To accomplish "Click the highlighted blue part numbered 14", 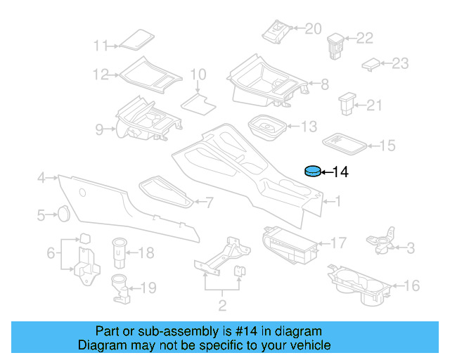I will point(311,172).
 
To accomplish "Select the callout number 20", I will point(313,28).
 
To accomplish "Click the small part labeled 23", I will point(370,64).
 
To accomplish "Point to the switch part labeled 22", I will point(335,44).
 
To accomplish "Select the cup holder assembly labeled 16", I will point(359,284).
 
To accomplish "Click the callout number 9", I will point(99,129).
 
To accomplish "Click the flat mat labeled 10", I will point(198,103).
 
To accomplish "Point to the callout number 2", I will point(222,306).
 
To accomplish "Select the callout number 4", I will point(41,177).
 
